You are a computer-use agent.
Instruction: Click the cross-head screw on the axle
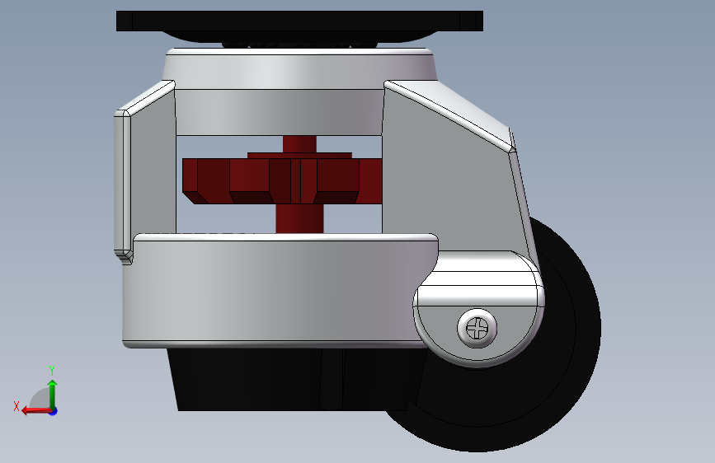(x=477, y=328)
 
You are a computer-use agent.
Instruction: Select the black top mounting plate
(x=299, y=21)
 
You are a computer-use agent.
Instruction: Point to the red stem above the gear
(x=299, y=144)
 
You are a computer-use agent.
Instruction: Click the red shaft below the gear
(x=299, y=218)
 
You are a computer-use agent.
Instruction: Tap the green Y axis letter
(x=52, y=370)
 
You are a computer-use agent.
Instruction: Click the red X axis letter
(x=16, y=406)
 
